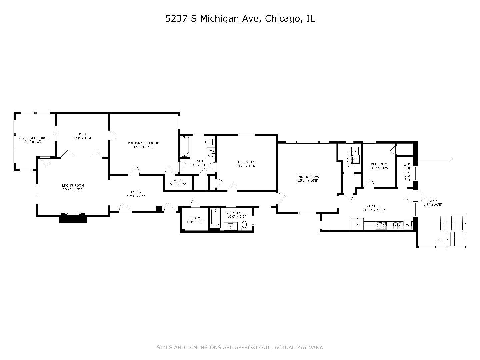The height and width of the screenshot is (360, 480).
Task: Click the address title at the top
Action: tap(240, 19)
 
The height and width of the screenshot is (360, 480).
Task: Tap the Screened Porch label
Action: tap(34, 138)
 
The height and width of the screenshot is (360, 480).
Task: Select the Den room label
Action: tap(82, 134)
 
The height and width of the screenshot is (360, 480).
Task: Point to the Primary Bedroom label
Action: tap(144, 143)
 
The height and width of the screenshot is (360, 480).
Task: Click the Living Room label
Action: tap(73, 185)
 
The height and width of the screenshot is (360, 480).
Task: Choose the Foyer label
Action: tap(136, 192)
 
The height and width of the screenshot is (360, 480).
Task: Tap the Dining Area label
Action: tap(308, 177)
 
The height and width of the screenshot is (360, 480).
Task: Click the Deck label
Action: tap(433, 201)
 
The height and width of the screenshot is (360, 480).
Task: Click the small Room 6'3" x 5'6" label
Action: tap(195, 218)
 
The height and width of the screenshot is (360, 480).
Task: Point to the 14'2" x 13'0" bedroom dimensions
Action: tap(246, 166)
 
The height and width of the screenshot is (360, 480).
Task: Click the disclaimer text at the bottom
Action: tap(240, 348)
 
